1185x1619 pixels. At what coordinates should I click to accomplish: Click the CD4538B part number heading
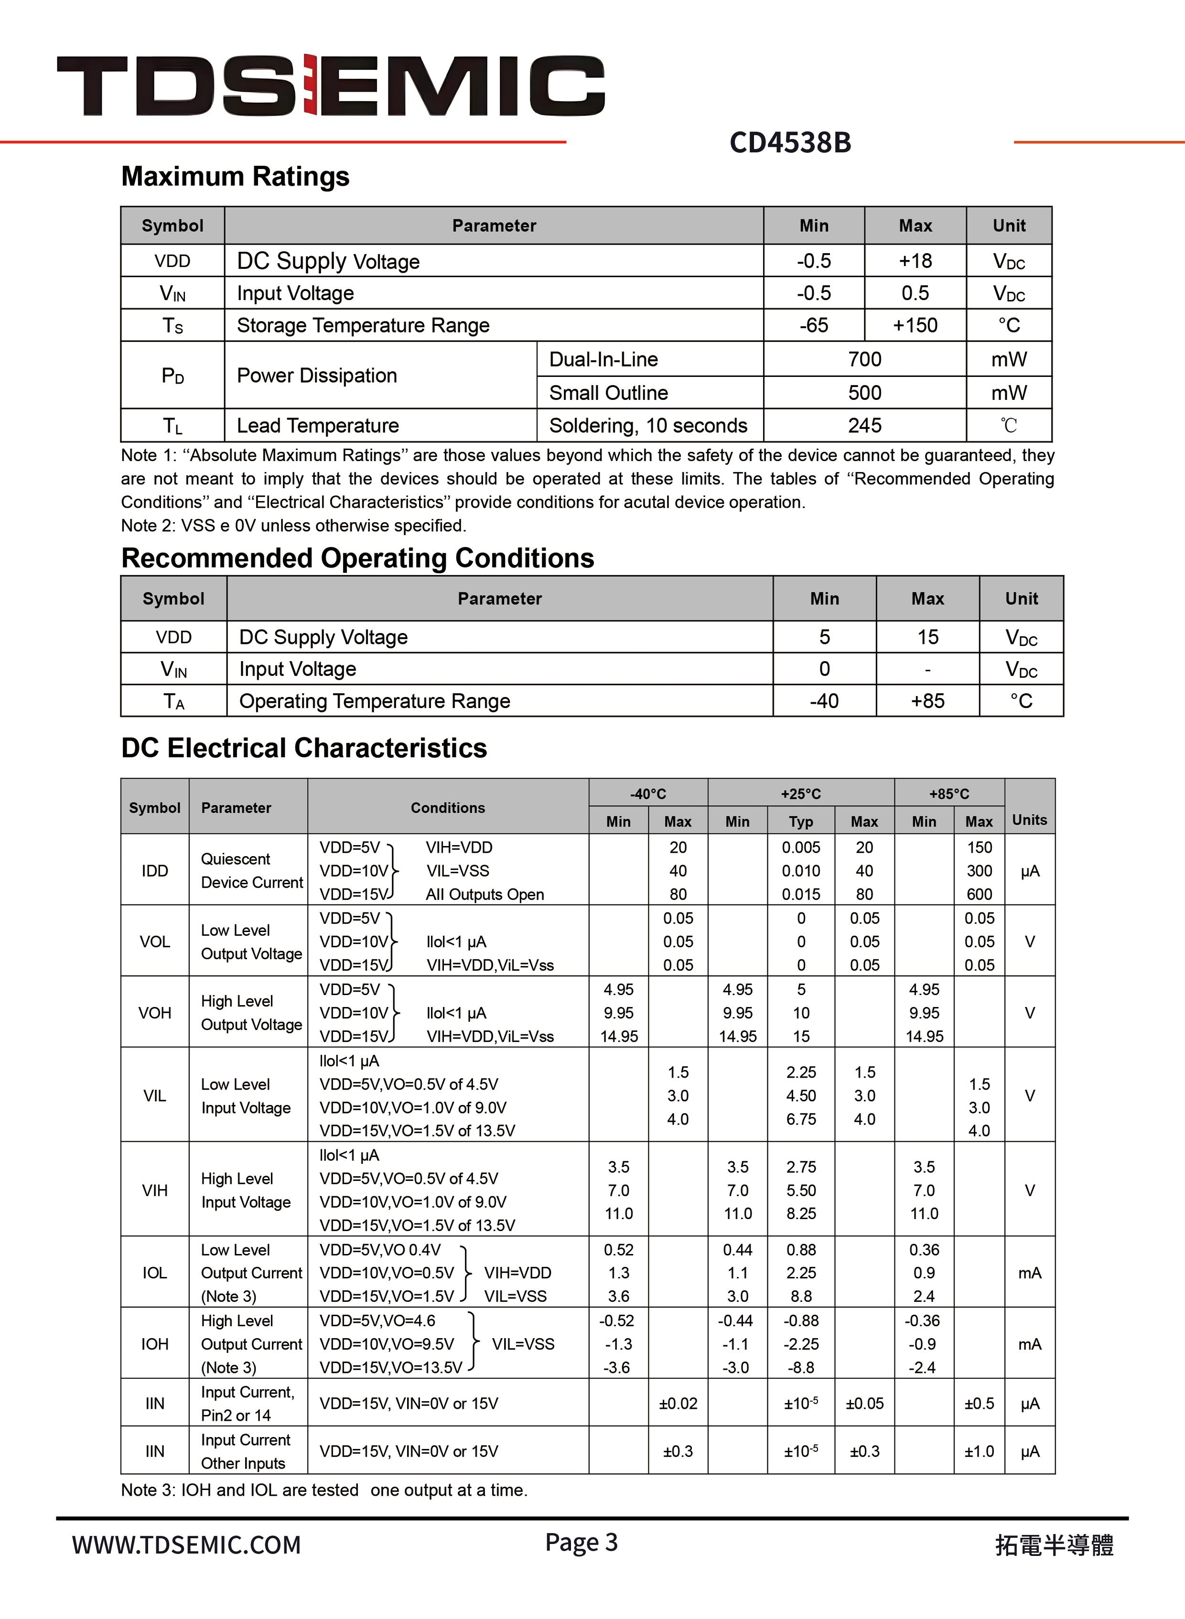pos(790,143)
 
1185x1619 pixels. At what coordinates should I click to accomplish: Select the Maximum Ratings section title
pos(235,176)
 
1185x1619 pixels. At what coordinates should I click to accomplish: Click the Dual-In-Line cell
pos(603,359)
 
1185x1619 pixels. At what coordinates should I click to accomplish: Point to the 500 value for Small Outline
pos(864,393)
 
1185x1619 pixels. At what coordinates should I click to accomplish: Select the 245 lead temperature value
pos(864,426)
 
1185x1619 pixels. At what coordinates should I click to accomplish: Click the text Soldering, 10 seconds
pos(648,426)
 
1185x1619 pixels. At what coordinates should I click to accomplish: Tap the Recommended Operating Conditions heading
pos(357,558)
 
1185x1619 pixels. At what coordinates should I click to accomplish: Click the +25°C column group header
pos(800,793)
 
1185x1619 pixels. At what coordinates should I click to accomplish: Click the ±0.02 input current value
pos(678,1403)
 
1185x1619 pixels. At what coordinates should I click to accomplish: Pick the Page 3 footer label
pos(581,1542)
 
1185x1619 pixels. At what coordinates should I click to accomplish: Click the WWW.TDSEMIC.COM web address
pos(186,1545)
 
